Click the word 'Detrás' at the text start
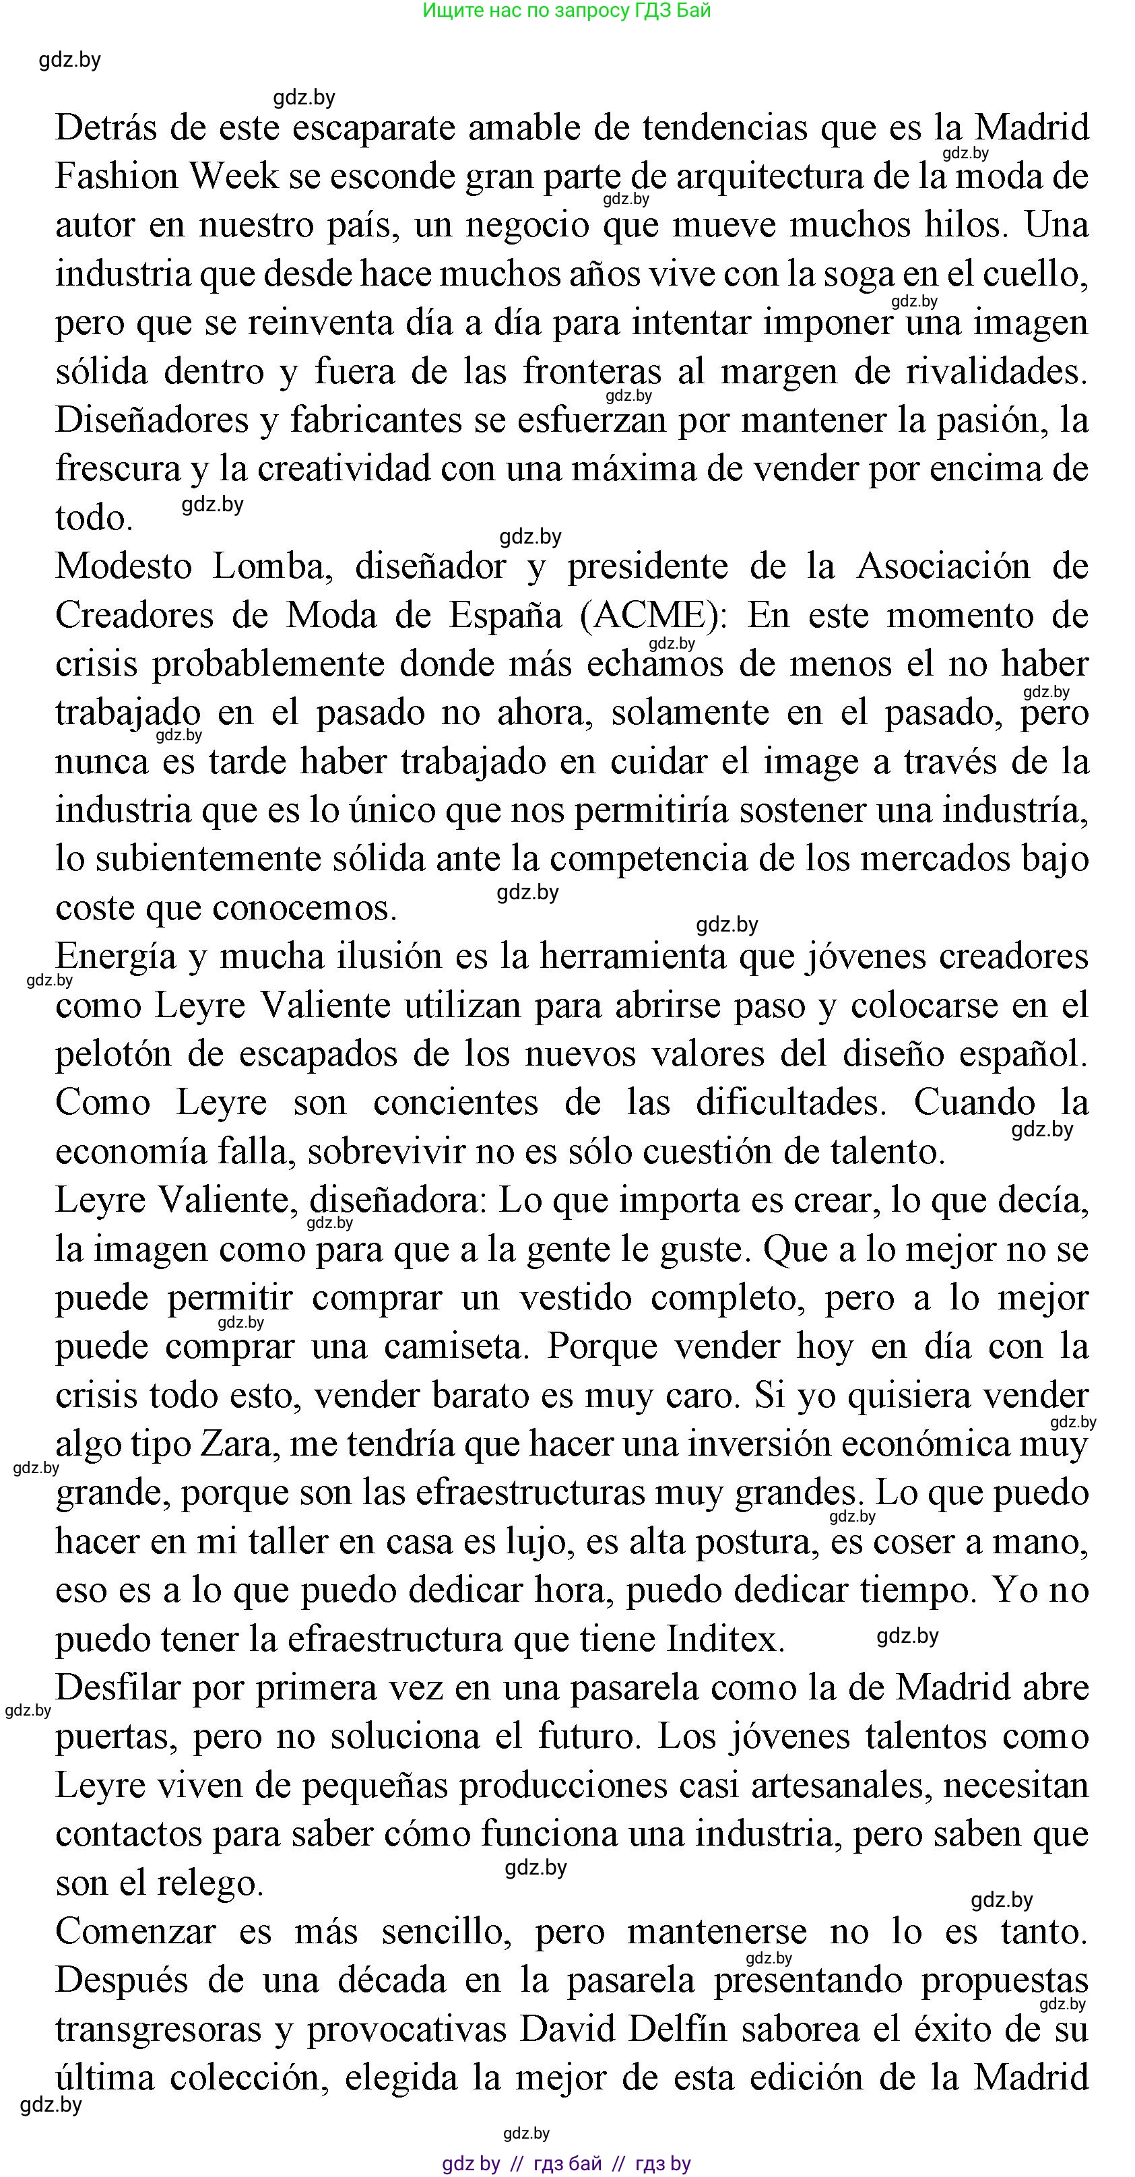(x=106, y=129)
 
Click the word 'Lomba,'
(x=269, y=567)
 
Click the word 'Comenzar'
(x=135, y=1932)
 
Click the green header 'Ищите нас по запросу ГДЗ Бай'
(x=566, y=11)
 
